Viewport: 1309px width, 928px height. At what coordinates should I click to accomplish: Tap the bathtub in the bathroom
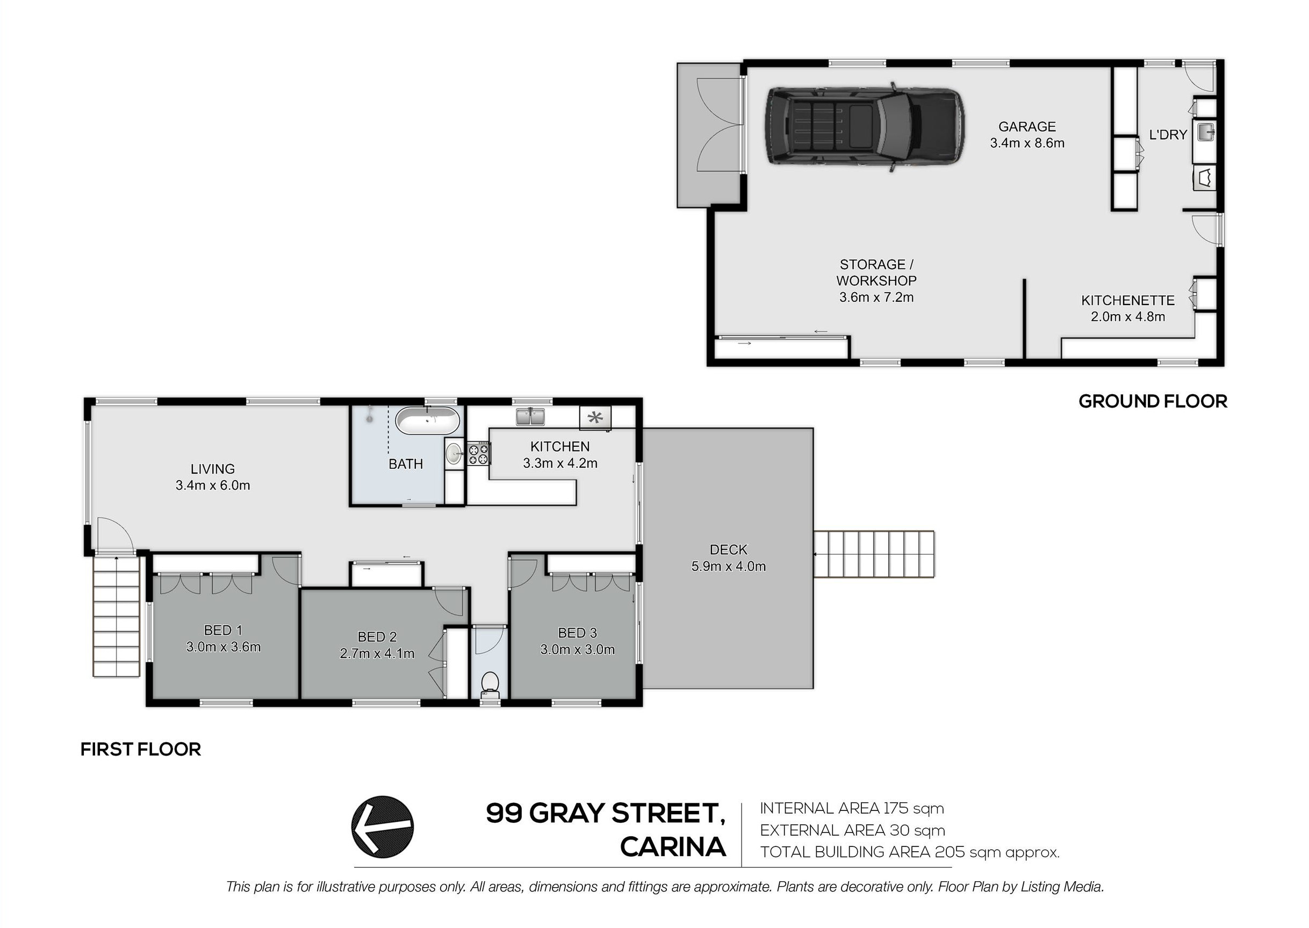click(428, 421)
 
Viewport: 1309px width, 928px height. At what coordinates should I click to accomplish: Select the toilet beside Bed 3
click(490, 685)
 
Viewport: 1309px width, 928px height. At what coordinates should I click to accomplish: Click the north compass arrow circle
click(383, 827)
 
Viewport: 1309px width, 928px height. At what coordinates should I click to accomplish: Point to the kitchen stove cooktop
click(478, 453)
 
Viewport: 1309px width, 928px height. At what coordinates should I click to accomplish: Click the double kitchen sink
click(530, 417)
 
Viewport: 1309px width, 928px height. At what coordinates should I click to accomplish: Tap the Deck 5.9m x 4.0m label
click(728, 558)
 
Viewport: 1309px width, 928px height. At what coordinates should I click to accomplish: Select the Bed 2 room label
click(377, 645)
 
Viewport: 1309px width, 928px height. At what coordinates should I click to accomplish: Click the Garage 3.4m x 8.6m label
click(1027, 135)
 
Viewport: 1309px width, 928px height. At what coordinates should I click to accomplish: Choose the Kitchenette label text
click(1128, 300)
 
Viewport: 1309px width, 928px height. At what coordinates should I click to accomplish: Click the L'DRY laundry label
click(1168, 135)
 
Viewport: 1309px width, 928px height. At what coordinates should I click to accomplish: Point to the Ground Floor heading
click(1153, 401)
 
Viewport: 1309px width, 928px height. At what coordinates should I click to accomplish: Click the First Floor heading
click(141, 749)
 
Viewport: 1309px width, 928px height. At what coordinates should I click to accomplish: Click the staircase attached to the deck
click(874, 554)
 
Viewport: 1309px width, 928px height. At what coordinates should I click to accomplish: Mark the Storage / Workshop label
click(876, 280)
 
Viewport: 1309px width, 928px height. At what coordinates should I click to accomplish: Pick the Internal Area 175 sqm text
click(852, 809)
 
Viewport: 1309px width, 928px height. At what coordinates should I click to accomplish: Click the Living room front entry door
click(115, 535)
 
